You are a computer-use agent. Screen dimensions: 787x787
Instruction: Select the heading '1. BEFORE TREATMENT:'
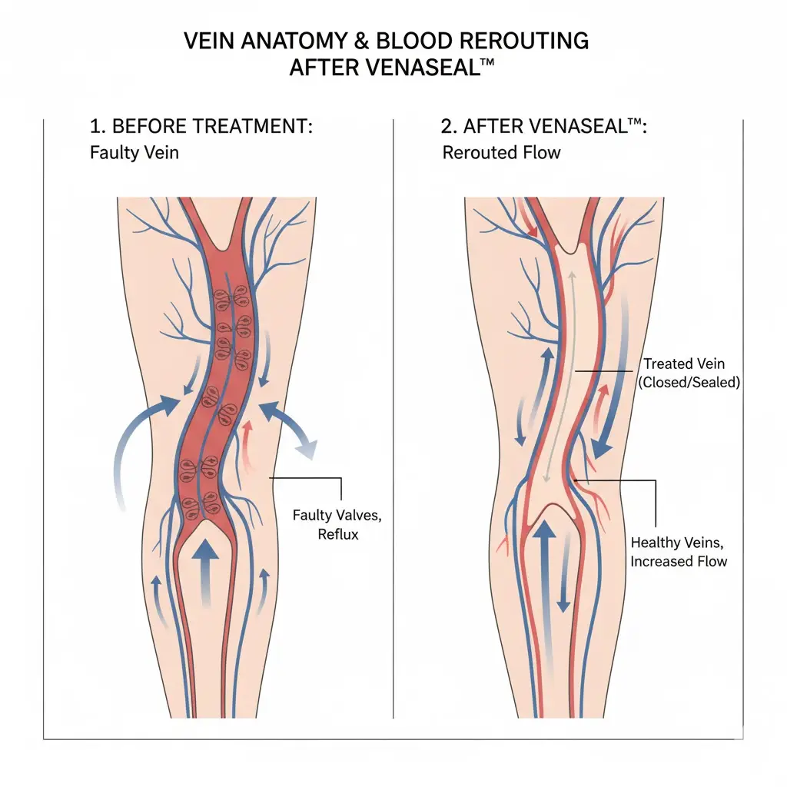(x=201, y=126)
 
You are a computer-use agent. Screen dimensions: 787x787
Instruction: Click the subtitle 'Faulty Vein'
(x=134, y=152)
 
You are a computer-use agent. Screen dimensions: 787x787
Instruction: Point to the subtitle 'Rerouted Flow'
(x=501, y=152)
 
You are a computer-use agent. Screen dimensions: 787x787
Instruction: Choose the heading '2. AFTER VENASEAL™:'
(x=544, y=126)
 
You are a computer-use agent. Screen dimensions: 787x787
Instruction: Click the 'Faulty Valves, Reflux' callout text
(x=337, y=524)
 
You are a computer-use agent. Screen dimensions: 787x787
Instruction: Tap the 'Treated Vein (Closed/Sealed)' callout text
(x=689, y=373)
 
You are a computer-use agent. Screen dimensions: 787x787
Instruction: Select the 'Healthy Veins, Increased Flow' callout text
(x=678, y=552)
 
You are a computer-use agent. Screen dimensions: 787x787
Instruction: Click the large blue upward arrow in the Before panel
(x=205, y=569)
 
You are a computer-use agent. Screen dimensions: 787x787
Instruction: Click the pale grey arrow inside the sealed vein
(x=558, y=377)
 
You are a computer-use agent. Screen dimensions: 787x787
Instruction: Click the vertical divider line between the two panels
(x=393, y=419)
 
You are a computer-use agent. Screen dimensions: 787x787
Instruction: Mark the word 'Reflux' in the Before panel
(x=338, y=534)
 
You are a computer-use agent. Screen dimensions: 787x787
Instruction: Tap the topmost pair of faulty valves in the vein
(x=231, y=298)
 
